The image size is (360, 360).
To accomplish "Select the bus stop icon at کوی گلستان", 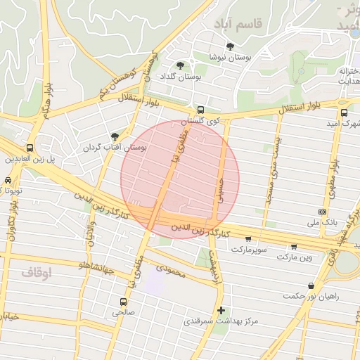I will point(201,110).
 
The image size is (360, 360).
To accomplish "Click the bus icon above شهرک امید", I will point(344,112).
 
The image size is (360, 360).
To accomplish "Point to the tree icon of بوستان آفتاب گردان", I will point(115,136).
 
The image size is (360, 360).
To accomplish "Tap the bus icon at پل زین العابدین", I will point(30,148).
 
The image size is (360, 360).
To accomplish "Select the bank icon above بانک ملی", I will point(322,212).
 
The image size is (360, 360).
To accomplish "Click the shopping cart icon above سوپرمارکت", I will point(248,239).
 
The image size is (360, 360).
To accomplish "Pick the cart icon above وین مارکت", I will point(294,246).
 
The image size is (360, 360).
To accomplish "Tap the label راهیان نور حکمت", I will point(311,296).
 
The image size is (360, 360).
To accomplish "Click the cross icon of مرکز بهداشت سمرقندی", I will point(221,310).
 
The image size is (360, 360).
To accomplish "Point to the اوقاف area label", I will point(37,271).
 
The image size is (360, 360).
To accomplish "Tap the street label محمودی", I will point(170,269).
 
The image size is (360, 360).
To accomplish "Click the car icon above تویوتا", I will point(8,181).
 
